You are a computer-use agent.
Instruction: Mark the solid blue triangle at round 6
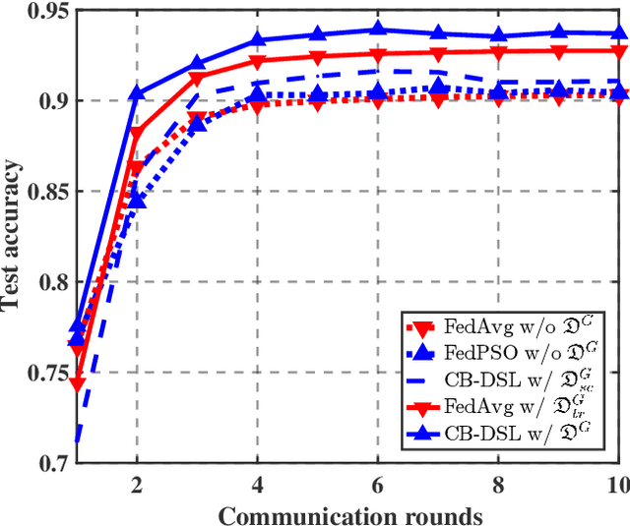pyautogui.click(x=379, y=30)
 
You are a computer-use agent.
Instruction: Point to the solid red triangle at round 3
pyautogui.click(x=197, y=78)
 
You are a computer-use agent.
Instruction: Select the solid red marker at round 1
pyautogui.click(x=77, y=384)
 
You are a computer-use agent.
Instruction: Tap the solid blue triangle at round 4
pyautogui.click(x=258, y=40)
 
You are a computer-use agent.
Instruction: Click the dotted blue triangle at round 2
pyautogui.click(x=137, y=201)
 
